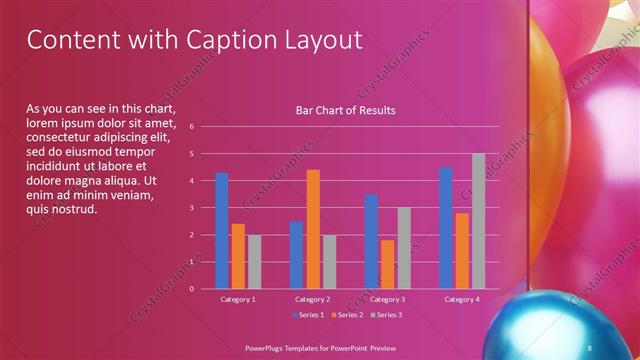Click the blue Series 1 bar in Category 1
point(222,231)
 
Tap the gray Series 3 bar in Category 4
point(478,221)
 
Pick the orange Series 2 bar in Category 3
point(388,264)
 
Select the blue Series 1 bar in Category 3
point(372,241)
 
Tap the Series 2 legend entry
point(347,316)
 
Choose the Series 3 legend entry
point(387,316)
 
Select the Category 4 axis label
point(461,299)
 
